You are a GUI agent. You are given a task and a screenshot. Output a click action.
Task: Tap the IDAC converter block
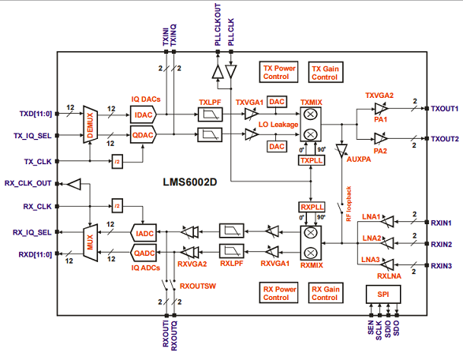coord(144,114)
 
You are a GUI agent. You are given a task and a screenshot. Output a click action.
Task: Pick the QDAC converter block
coord(144,135)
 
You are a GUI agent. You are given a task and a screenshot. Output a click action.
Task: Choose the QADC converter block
coord(143,253)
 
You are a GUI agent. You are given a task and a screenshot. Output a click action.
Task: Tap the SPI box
coord(383,293)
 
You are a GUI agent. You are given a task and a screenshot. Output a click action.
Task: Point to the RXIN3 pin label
coord(442,266)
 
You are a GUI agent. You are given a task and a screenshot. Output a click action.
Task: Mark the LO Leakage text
coord(256,125)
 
